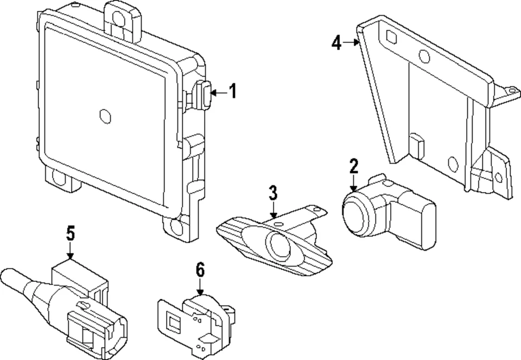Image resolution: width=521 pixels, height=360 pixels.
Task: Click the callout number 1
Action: coord(233,91)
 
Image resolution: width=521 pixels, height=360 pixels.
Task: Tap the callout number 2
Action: coord(354,166)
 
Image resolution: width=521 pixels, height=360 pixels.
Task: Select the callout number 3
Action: coord(273,192)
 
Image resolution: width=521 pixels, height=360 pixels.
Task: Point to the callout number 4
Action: coord(337,42)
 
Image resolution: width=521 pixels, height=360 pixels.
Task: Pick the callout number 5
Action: coord(70,234)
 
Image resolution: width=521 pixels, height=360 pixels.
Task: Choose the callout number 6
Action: coord(200,269)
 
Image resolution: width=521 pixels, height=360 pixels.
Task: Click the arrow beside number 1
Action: coord(218,93)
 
